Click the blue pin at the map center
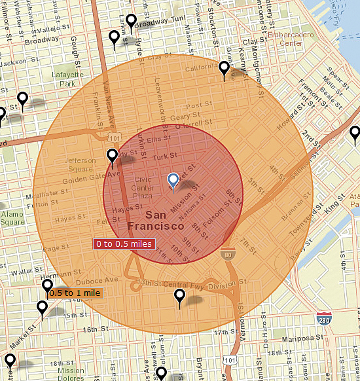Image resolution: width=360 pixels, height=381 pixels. pyautogui.click(x=173, y=181)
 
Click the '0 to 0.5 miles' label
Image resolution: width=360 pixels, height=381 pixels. pyautogui.click(x=124, y=244)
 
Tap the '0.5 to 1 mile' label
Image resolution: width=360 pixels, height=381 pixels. pyautogui.click(x=74, y=293)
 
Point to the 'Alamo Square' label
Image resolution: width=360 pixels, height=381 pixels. pyautogui.click(x=12, y=218)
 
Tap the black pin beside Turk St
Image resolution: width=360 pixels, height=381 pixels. pyautogui.click(x=113, y=156)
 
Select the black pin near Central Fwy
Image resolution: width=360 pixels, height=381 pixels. pyautogui.click(x=180, y=297)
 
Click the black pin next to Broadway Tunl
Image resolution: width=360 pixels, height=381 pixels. pyautogui.click(x=131, y=22)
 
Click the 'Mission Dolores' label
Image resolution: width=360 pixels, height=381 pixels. pyautogui.click(x=71, y=374)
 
